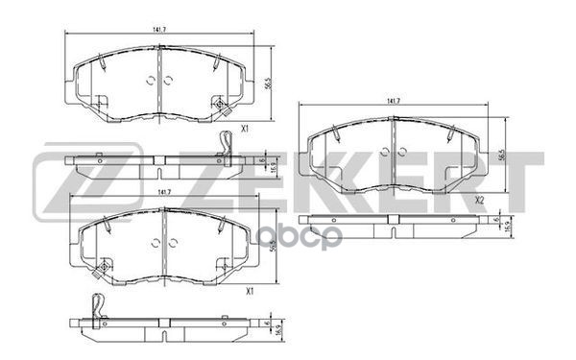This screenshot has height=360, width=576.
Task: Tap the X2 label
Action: (477, 200)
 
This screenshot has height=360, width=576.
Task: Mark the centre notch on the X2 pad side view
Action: (393, 222)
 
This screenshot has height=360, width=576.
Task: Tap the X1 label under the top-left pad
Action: (245, 129)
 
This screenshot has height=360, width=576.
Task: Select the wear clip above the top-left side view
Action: (225, 145)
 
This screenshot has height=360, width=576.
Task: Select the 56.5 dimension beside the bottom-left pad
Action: (252, 246)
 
